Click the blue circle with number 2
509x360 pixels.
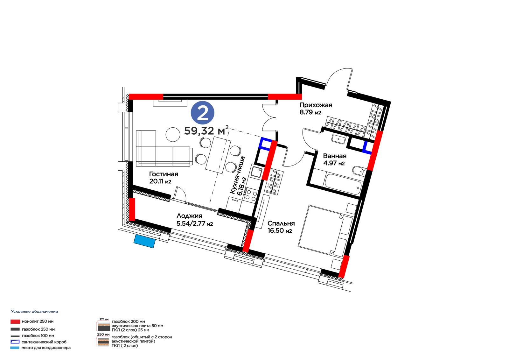[x=203, y=113]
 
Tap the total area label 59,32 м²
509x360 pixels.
[x=206, y=130]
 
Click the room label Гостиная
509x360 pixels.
[x=164, y=174]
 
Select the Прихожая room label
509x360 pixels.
[x=316, y=105]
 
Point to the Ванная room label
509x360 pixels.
[x=335, y=156]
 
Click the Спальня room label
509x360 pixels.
[x=281, y=223]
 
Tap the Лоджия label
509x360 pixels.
[x=189, y=216]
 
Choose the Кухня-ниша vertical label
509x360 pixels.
[x=237, y=175]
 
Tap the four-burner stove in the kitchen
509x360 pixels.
[x=251, y=195]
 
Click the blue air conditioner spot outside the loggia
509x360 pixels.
[x=144, y=241]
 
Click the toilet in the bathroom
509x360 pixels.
[x=359, y=171]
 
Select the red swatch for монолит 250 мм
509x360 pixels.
[x=15, y=321]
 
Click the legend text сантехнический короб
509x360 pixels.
[x=44, y=342]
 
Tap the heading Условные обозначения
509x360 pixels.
[x=35, y=312]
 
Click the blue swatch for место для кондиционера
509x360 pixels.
[x=15, y=348]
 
